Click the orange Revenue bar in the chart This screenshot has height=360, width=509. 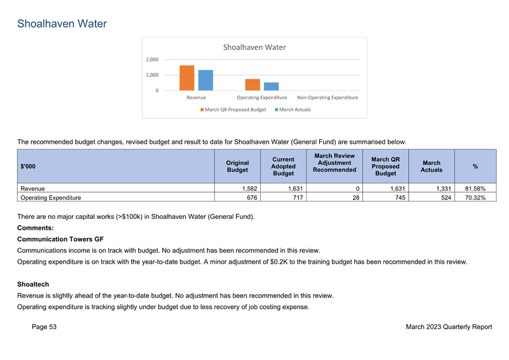(x=187, y=78)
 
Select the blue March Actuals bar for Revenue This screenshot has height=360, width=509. (x=205, y=80)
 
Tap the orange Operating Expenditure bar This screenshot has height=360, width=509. (x=253, y=85)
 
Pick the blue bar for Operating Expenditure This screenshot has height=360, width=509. (x=271, y=87)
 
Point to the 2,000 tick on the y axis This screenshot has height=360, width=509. (x=152, y=60)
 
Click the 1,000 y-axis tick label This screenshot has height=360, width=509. (x=152, y=75)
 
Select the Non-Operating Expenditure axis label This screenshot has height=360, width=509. (x=327, y=97)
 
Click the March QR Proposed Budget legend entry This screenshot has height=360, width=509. (x=233, y=109)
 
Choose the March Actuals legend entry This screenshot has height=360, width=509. (x=293, y=109)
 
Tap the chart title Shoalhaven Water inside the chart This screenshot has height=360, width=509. (x=254, y=48)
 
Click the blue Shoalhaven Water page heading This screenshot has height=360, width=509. (x=62, y=24)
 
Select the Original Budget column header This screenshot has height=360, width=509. (x=237, y=166)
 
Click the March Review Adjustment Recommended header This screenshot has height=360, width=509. (x=334, y=163)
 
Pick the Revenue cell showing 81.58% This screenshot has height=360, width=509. (x=475, y=189)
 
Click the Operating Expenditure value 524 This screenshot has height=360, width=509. (x=446, y=198)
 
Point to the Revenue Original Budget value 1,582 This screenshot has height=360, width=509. (x=250, y=189)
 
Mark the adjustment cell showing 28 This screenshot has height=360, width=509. (x=356, y=198)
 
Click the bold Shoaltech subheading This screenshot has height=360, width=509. (x=33, y=284)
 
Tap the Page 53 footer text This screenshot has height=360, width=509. (x=44, y=327)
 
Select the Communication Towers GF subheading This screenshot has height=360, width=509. (x=60, y=239)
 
